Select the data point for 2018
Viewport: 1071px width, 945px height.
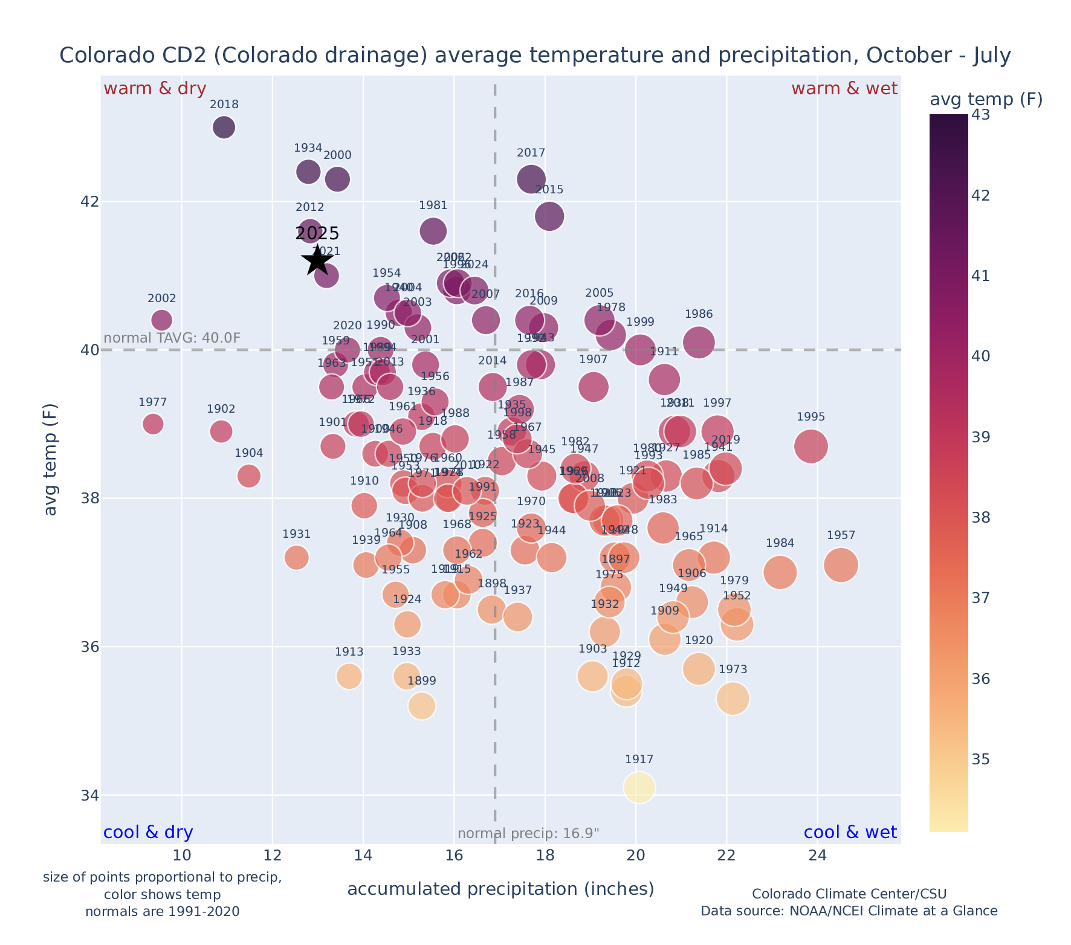point(224,127)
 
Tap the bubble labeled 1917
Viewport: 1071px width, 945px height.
point(639,788)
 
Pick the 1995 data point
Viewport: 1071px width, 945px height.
point(811,447)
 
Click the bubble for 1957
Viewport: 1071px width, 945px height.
point(841,566)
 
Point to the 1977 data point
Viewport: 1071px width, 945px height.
point(153,424)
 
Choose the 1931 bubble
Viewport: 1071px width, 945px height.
point(296,557)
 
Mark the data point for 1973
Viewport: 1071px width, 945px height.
point(733,698)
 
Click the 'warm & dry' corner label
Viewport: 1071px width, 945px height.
point(155,89)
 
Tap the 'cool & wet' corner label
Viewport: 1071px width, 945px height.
point(850,833)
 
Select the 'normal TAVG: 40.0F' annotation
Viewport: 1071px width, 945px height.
point(172,338)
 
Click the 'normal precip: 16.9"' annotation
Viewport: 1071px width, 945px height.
point(528,834)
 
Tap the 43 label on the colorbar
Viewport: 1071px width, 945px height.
point(980,115)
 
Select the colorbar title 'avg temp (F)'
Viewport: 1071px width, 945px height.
point(986,99)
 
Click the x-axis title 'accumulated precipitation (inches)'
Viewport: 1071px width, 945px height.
point(500,889)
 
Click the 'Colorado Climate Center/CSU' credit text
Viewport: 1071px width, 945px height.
point(849,894)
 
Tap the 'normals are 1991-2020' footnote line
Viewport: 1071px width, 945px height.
point(162,911)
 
